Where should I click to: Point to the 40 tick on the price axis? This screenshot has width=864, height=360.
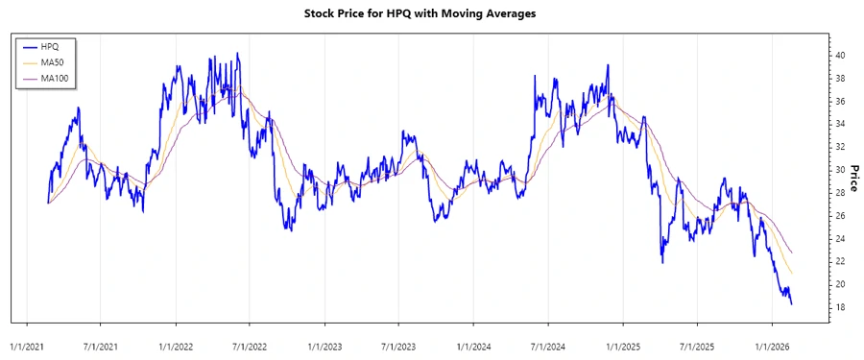pyautogui.click(x=840, y=56)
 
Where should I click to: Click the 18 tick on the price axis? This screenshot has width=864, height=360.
pyautogui.click(x=840, y=307)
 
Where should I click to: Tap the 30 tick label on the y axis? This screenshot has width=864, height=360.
pyautogui.click(x=840, y=170)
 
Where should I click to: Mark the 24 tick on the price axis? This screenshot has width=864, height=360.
pyautogui.click(x=840, y=239)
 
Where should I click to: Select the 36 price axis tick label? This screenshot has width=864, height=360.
pyautogui.click(x=840, y=102)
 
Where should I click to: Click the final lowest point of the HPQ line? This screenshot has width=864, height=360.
pyautogui.click(x=791, y=304)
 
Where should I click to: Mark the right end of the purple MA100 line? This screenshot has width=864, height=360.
pyautogui.click(x=791, y=252)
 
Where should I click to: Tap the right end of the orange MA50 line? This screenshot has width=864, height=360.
pyautogui.click(x=791, y=273)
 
